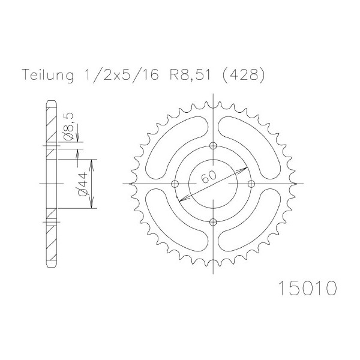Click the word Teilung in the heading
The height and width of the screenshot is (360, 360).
48,75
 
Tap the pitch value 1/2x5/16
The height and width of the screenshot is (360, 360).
121,74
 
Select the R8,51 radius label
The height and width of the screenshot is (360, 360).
190,74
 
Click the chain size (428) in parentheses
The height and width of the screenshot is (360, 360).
244,74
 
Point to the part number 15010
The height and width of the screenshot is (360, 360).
308,288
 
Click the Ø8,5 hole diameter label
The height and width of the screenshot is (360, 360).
69,126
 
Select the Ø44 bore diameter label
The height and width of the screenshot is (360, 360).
83,184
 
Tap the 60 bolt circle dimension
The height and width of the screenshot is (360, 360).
209,176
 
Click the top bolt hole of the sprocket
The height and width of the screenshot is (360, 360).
213,146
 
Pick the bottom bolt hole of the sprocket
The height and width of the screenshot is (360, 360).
213,222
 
